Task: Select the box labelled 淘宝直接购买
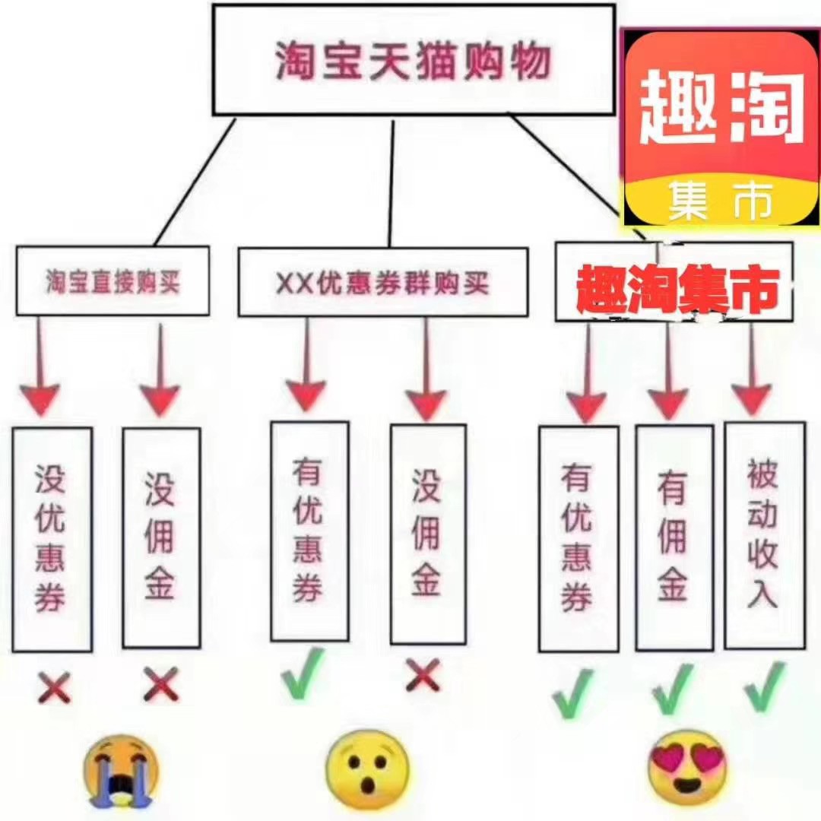[x=113, y=281]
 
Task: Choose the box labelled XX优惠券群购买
[x=382, y=282]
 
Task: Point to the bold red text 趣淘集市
[x=677, y=290]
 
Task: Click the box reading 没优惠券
[x=52, y=539]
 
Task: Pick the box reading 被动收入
[x=764, y=535]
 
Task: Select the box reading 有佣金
[x=674, y=537]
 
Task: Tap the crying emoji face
[x=120, y=769]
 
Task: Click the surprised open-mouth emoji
[x=367, y=768]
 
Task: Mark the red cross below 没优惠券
[x=53, y=689]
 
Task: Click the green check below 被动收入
[x=764, y=686]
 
